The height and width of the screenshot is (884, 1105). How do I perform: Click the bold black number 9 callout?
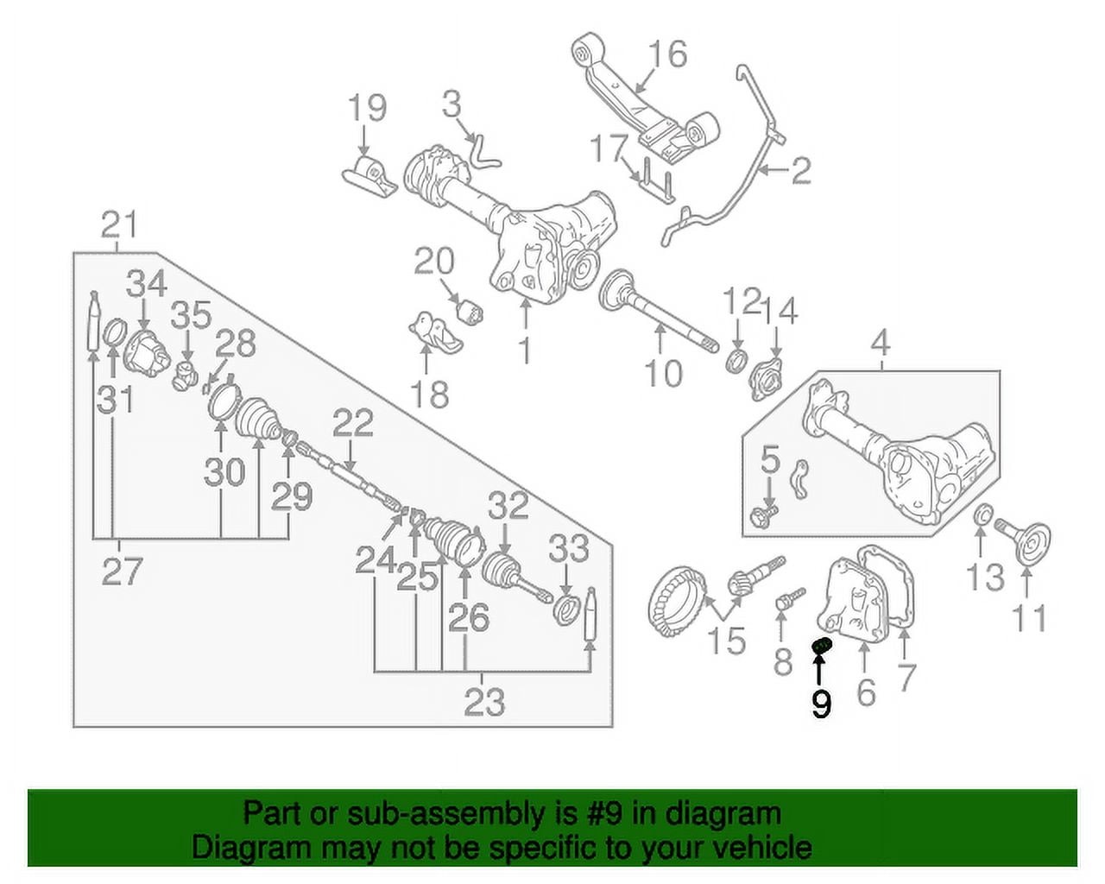tap(821, 704)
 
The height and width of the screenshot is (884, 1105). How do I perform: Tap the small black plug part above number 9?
tap(822, 646)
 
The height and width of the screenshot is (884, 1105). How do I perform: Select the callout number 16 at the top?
tap(667, 54)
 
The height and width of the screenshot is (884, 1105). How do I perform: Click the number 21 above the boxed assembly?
tap(119, 225)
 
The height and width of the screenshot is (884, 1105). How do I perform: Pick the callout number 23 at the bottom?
tap(483, 702)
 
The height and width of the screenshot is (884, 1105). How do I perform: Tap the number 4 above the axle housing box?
tap(880, 343)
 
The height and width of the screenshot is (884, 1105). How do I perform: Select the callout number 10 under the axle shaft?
tap(663, 373)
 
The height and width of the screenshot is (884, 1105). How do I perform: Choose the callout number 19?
tap(366, 109)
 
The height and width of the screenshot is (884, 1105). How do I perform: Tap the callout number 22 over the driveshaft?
tap(352, 423)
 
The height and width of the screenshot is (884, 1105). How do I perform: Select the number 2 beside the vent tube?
tap(801, 170)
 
